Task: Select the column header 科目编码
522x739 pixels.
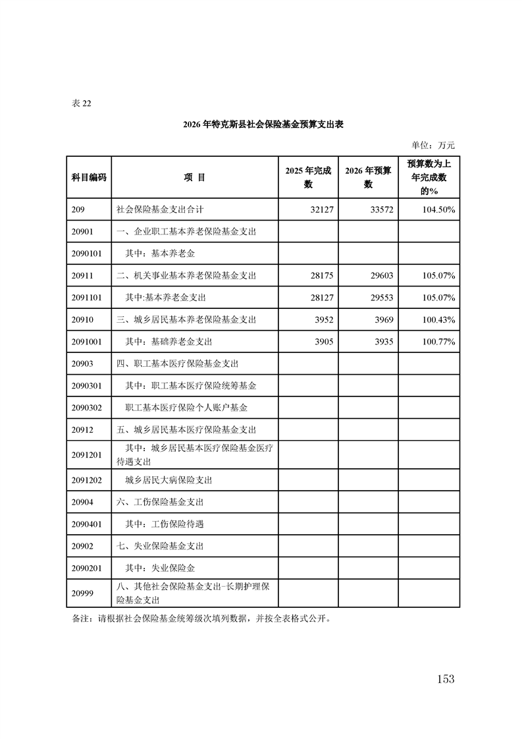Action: pyautogui.click(x=89, y=177)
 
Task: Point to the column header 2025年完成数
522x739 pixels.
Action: pyautogui.click(x=308, y=177)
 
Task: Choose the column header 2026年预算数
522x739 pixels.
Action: pyautogui.click(x=368, y=177)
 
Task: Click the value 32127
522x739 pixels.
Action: pyautogui.click(x=319, y=209)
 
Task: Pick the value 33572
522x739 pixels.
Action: pyautogui.click(x=380, y=209)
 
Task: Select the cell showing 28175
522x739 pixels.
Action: pyautogui.click(x=319, y=275)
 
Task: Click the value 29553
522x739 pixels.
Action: pyautogui.click(x=380, y=298)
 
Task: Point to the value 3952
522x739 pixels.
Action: pyautogui.click(x=322, y=319)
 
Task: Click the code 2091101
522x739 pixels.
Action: pyautogui.click(x=86, y=298)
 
